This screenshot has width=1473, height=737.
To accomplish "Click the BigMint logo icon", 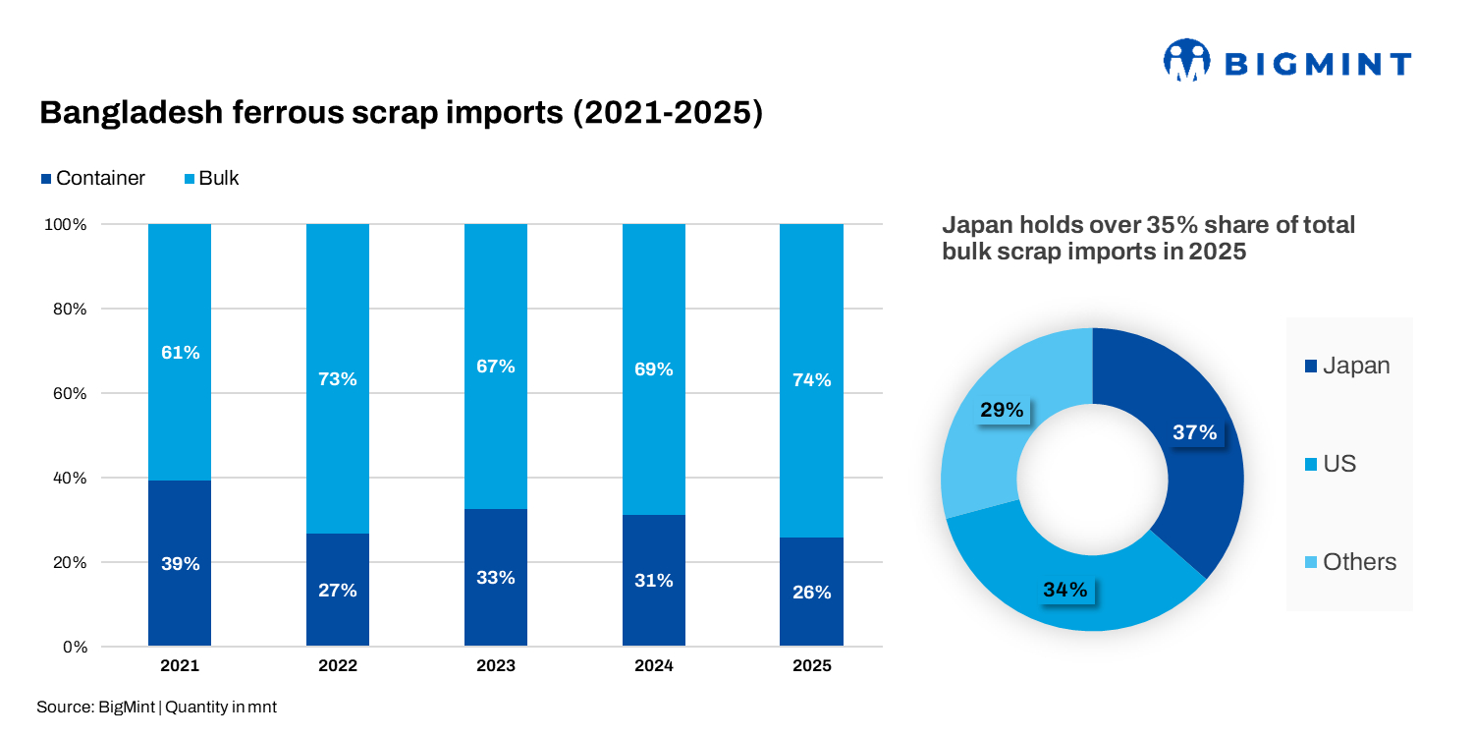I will [x=1185, y=61].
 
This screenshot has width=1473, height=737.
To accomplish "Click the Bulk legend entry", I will [x=211, y=178].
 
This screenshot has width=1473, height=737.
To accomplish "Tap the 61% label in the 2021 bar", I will [x=180, y=353].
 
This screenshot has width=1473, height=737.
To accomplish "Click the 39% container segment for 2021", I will [x=180, y=564].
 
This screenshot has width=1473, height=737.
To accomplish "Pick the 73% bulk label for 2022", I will [x=338, y=379].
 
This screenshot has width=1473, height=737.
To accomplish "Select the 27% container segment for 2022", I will [x=338, y=591].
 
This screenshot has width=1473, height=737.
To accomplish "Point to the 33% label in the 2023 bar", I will [x=496, y=578].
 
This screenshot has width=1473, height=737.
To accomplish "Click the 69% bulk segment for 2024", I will [x=654, y=369].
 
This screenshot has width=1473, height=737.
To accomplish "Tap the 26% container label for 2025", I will [x=811, y=593].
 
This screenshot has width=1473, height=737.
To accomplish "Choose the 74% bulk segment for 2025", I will [x=811, y=380].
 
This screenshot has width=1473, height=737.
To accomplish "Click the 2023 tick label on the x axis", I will [x=496, y=666].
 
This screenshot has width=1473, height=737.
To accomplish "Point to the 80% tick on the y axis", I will [x=66, y=309].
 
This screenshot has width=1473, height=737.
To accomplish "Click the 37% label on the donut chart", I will [x=1195, y=432].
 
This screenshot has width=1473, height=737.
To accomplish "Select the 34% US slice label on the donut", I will [x=1065, y=590].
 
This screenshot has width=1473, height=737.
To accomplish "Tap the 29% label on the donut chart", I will [x=1002, y=411].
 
